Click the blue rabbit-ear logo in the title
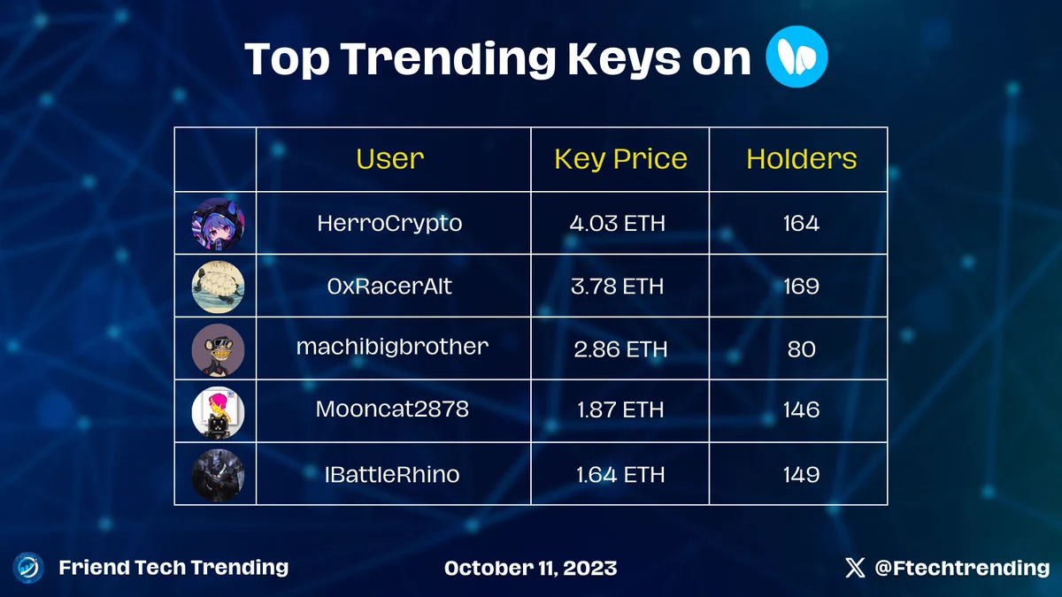coord(796,57)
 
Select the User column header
coord(389,158)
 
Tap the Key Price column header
coord(620,159)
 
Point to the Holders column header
coord(801,158)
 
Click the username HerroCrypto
coord(389,224)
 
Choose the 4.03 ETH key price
coord(618,223)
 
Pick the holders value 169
coord(801,287)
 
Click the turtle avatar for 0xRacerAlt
coord(218,287)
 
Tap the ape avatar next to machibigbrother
coord(218,349)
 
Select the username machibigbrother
coord(392,347)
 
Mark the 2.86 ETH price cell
coord(620,349)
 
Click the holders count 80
coord(801,349)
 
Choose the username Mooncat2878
coord(392,409)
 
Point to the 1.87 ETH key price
coord(620,409)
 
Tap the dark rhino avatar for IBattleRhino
coord(218,475)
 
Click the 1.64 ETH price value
coord(620,475)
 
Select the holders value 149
coord(801,475)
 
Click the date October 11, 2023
coord(530,568)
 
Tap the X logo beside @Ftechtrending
coord(855,568)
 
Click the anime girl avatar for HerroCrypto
coord(218,224)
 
